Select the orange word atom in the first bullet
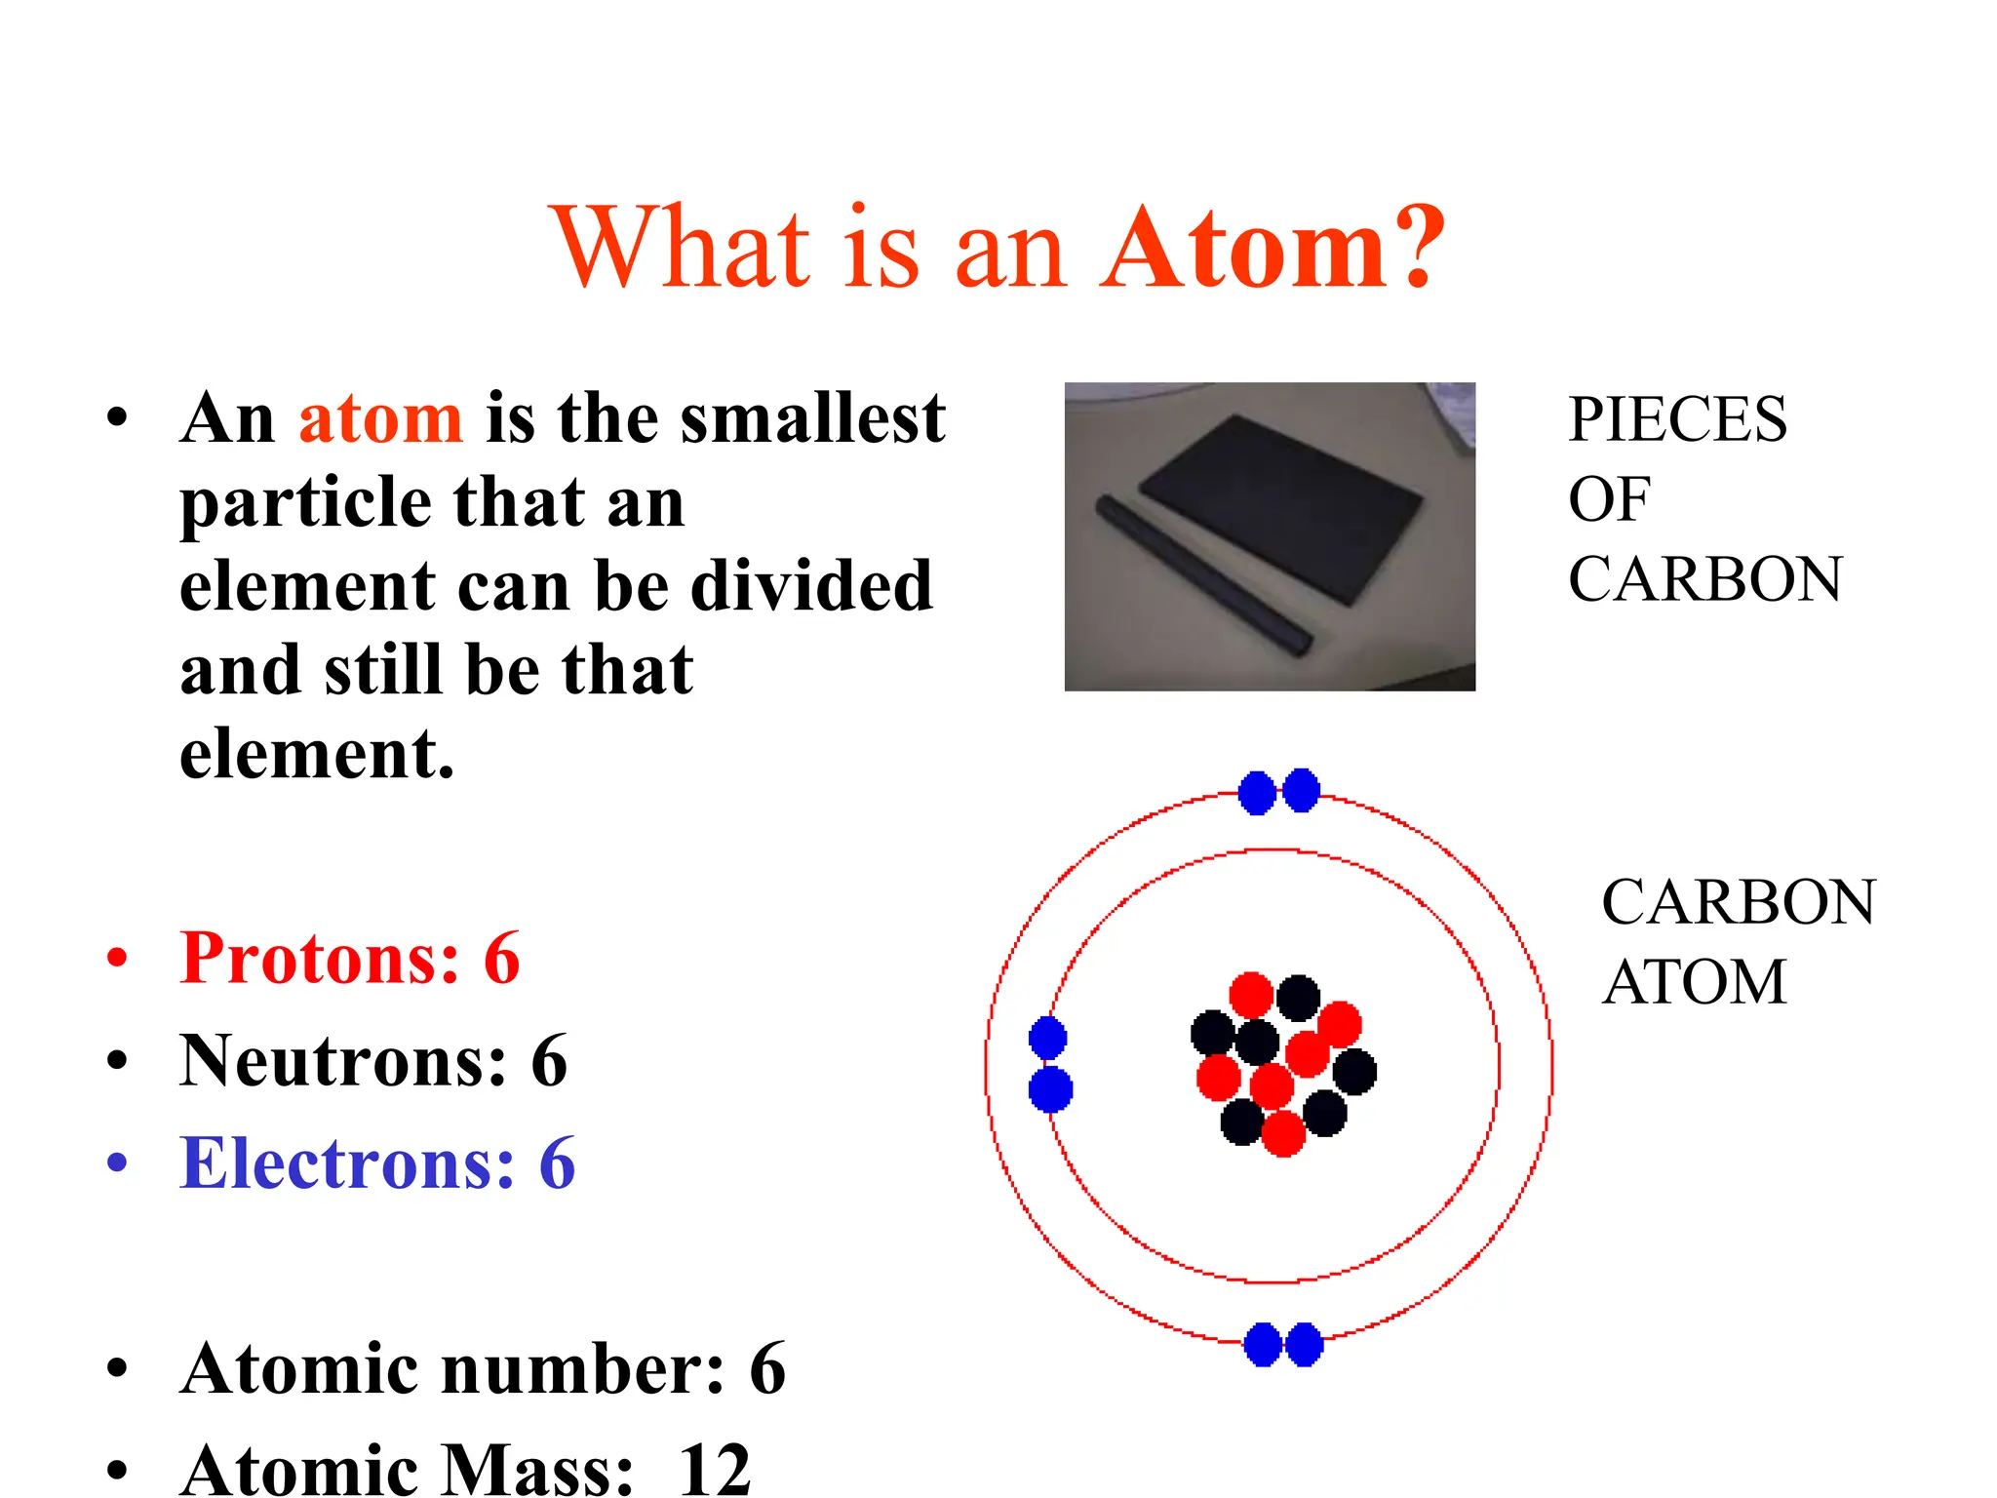click(380, 419)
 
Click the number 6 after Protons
click(502, 958)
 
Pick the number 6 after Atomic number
click(767, 1368)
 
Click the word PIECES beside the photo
click(1677, 419)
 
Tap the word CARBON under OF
click(1705, 579)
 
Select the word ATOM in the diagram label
click(1695, 981)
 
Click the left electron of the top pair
click(1257, 793)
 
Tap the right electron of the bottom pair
click(1305, 1345)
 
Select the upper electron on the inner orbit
click(1048, 1038)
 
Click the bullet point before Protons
click(118, 958)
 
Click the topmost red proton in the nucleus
click(1251, 996)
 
